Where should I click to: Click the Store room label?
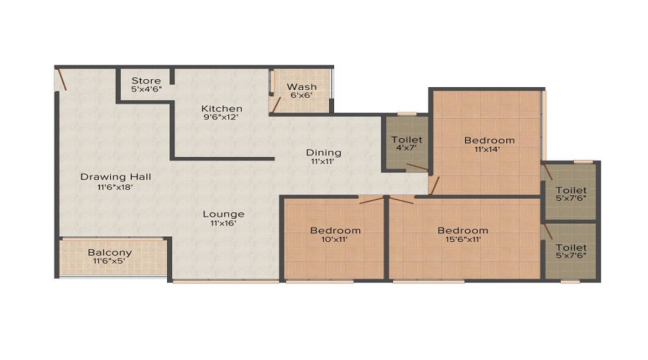click(146, 80)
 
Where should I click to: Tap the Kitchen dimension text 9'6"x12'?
click(221, 117)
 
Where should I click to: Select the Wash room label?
click(302, 86)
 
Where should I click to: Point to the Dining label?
click(323, 152)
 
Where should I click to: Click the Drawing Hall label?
click(115, 176)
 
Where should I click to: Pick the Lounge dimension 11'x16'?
click(223, 223)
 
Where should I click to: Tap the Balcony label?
click(109, 252)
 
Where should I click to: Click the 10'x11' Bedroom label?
click(335, 230)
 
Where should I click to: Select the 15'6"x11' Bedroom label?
click(463, 230)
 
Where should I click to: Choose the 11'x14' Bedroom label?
click(489, 140)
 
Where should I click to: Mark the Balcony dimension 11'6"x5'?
click(109, 261)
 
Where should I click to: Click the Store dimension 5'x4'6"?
click(146, 89)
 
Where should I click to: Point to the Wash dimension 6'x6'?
click(302, 96)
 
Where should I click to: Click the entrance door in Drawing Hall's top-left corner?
click(63, 78)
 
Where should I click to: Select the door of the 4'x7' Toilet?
click(416, 168)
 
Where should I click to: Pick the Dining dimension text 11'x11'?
click(323, 162)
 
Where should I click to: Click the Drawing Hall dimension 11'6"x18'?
click(115, 186)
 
